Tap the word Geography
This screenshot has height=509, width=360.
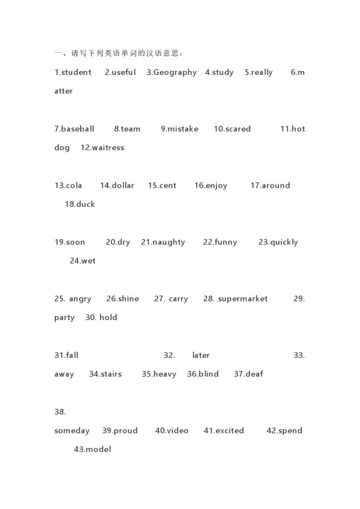tap(175, 73)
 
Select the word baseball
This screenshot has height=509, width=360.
tap(78, 129)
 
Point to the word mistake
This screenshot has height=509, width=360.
tap(183, 129)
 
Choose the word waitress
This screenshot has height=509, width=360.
tap(108, 148)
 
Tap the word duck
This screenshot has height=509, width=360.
tap(86, 204)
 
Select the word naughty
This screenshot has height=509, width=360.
tap(169, 243)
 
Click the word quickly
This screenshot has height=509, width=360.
tap(284, 243)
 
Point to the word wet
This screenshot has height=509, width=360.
tap(88, 261)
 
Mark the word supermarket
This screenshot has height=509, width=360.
tap(243, 299)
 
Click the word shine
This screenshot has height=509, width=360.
tap(129, 299)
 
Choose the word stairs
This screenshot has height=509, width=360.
tap(111, 374)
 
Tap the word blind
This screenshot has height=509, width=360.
tap(208, 374)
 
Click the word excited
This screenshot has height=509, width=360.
tap(229, 431)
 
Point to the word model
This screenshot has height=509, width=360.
tap(98, 449)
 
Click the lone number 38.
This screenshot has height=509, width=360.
tap(60, 412)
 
